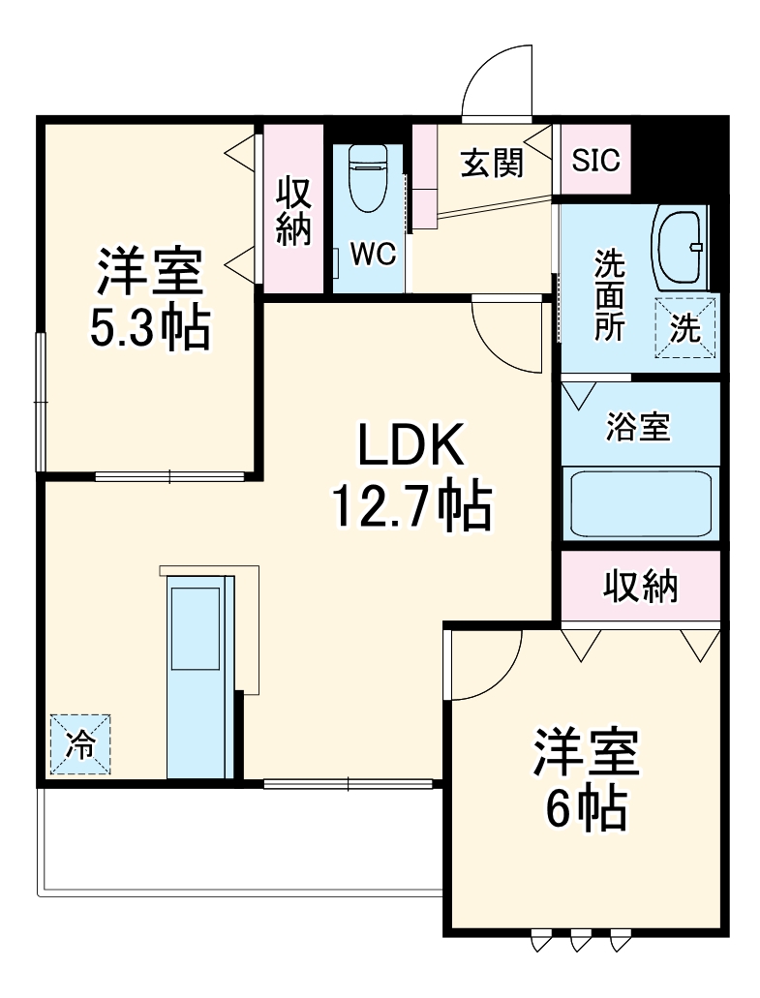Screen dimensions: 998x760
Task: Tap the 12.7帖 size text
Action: (413, 505)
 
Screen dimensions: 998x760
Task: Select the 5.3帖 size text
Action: (149, 329)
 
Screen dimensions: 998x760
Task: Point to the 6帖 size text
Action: (585, 810)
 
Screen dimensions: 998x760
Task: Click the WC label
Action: (372, 255)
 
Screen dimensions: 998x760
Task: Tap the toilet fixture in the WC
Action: (367, 179)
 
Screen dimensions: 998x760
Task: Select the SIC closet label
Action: (595, 161)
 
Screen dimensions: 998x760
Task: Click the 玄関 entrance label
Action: (491, 164)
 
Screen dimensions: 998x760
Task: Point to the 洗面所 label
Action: (609, 295)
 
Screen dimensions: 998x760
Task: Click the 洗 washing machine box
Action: (685, 329)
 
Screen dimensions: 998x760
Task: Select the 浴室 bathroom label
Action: (639, 426)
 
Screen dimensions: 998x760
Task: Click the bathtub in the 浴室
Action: (641, 503)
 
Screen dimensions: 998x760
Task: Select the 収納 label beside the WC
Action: (294, 211)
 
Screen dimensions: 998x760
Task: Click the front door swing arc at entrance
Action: (498, 82)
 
